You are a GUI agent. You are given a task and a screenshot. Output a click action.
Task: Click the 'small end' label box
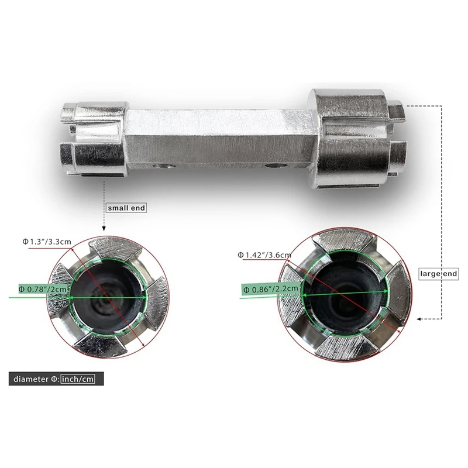coord(126,208)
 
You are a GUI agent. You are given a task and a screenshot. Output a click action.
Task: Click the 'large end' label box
coord(438,274)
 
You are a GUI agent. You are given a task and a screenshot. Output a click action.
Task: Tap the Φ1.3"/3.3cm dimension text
coord(47,242)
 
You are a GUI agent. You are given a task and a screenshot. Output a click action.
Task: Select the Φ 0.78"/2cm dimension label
coord(43,289)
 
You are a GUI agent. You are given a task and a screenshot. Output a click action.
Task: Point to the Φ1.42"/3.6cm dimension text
coord(264,255)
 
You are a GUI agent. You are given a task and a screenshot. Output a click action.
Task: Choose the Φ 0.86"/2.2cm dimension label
coord(270,289)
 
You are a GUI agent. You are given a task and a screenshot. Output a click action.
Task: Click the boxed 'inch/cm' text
coord(78,379)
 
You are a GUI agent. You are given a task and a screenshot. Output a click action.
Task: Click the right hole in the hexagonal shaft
coord(276,166)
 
